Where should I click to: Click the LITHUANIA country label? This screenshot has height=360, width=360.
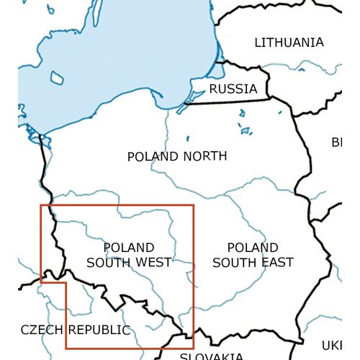tap(289, 42)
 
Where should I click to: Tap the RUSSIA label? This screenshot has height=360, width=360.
tap(233, 89)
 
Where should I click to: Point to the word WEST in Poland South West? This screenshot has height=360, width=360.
tap(152, 262)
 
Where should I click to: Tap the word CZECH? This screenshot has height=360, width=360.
tap(41, 330)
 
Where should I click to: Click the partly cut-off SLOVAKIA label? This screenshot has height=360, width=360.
tap(211, 356)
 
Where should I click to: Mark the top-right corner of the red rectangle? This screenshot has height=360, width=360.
tap(194, 205)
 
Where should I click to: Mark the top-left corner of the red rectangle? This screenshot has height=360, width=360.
tap(41, 205)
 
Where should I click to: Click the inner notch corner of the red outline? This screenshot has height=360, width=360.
tap(66, 283)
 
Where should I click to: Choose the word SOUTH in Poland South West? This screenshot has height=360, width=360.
tap(107, 262)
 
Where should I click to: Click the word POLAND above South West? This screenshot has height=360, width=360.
tap(129, 248)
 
